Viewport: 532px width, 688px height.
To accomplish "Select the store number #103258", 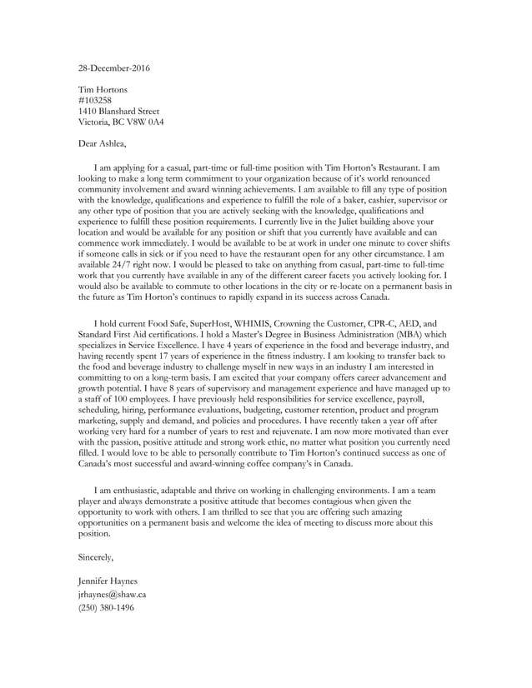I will click(x=95, y=100).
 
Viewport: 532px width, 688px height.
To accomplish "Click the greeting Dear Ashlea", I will click(x=102, y=144).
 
